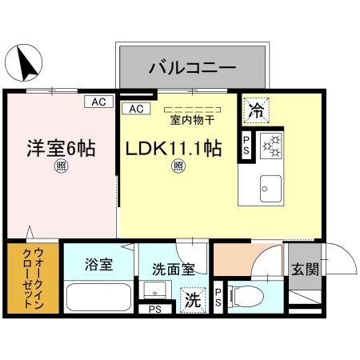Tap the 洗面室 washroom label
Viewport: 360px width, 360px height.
166,270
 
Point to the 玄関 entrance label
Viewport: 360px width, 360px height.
303,269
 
